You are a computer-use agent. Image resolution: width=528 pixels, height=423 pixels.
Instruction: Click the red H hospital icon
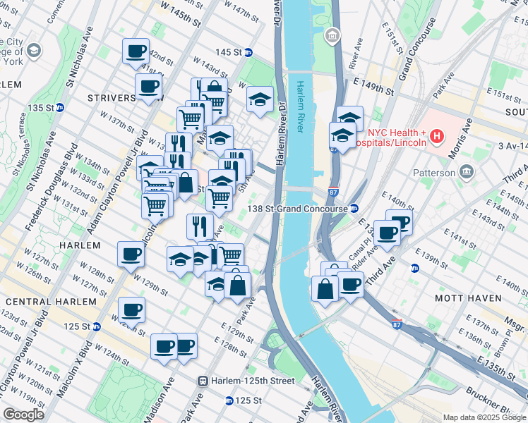pyautogui.click(x=437, y=135)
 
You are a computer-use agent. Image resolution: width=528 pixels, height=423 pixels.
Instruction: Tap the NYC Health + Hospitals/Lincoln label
pyautogui.click(x=397, y=137)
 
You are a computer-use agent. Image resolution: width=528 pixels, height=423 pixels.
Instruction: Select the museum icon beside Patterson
pyautogui.click(x=466, y=172)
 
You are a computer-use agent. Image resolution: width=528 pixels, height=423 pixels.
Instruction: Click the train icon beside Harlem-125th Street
pyautogui.click(x=203, y=381)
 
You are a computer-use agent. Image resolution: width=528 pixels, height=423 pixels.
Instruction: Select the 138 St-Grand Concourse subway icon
pyautogui.click(x=354, y=209)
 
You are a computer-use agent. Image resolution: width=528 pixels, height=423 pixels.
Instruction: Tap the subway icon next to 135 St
pyautogui.click(x=60, y=108)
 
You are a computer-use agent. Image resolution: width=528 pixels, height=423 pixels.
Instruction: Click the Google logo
pyautogui.click(x=23, y=414)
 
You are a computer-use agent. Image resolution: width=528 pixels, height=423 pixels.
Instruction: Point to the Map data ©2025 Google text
pyautogui.click(x=484, y=417)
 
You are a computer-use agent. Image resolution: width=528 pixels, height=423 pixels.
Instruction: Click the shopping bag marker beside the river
pyautogui.click(x=325, y=289)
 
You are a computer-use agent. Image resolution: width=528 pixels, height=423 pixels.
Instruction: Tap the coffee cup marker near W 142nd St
pyautogui.click(x=136, y=51)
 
